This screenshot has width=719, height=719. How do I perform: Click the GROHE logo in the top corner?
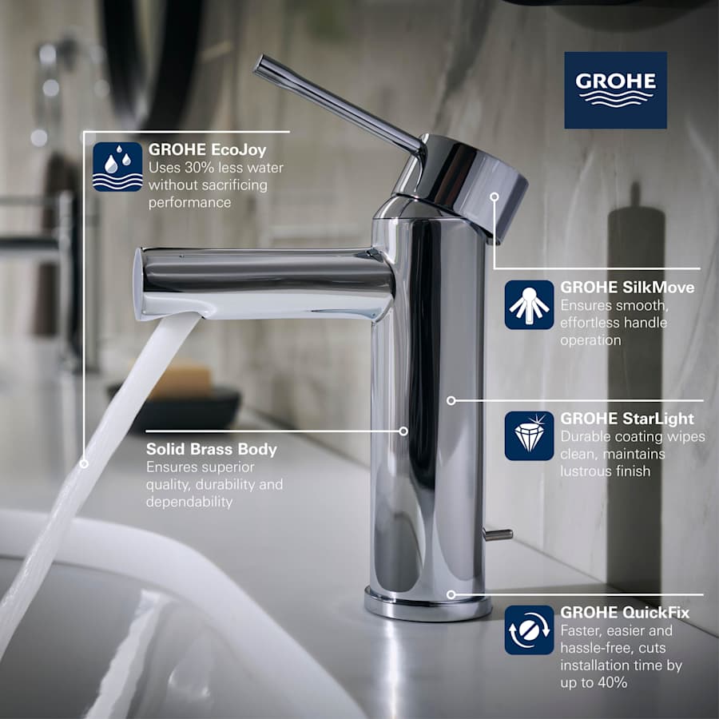615,90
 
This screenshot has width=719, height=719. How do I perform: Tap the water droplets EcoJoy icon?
117,167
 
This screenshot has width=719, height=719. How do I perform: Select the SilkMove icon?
529,304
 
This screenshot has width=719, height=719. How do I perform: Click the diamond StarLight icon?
529,435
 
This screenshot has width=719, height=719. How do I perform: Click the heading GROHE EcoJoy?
207,149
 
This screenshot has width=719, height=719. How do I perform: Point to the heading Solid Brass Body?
211,449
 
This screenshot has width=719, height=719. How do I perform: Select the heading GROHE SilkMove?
627,287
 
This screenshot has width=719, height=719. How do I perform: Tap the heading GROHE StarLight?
627,419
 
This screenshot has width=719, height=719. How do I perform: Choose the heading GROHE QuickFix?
625,613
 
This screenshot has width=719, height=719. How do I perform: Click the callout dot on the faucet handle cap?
495,196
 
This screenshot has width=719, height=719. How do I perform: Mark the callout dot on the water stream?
84,463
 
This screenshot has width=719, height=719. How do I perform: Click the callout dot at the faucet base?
451,594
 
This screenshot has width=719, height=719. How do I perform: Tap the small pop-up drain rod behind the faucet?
499,534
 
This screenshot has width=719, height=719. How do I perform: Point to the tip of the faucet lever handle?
260,64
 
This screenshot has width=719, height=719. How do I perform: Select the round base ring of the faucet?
427,607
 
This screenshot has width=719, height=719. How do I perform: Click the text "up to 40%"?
594,681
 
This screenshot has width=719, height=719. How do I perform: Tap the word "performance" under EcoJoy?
189,203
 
